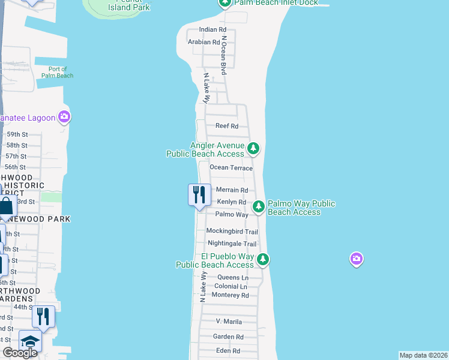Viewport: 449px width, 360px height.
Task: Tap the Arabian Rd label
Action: point(203,42)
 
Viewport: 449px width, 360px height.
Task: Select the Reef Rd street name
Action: point(227,126)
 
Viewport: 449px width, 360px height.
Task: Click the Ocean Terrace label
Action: point(231,168)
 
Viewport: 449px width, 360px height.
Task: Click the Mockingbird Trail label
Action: point(232,232)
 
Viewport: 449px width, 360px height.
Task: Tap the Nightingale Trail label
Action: point(232,244)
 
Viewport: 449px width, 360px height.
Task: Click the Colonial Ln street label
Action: point(231,287)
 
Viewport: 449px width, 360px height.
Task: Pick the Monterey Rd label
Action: point(230,295)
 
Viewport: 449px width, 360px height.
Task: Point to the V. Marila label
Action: point(228,322)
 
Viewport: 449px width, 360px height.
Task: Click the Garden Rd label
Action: point(228,337)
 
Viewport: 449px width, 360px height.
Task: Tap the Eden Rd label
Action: point(228,351)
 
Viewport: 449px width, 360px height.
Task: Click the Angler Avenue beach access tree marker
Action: point(253,147)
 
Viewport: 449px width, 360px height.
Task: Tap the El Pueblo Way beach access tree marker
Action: point(263,259)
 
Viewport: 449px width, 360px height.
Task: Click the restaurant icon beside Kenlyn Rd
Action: point(199,194)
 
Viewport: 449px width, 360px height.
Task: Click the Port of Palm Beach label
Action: point(58,73)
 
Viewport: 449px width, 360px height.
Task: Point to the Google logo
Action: point(20,353)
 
